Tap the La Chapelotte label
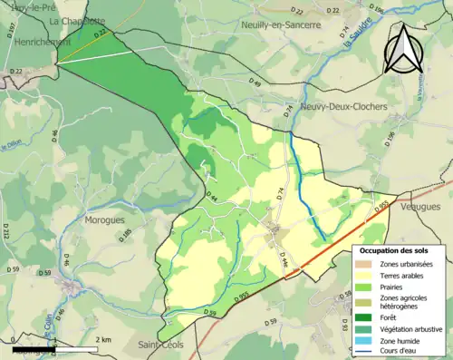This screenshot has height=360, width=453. tap(78, 20)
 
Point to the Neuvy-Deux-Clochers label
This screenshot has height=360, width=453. tap(343, 106)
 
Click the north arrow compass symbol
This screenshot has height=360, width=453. tap(404, 49)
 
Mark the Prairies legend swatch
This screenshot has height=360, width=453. tap(369, 287)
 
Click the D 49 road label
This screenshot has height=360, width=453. tap(255, 83)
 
